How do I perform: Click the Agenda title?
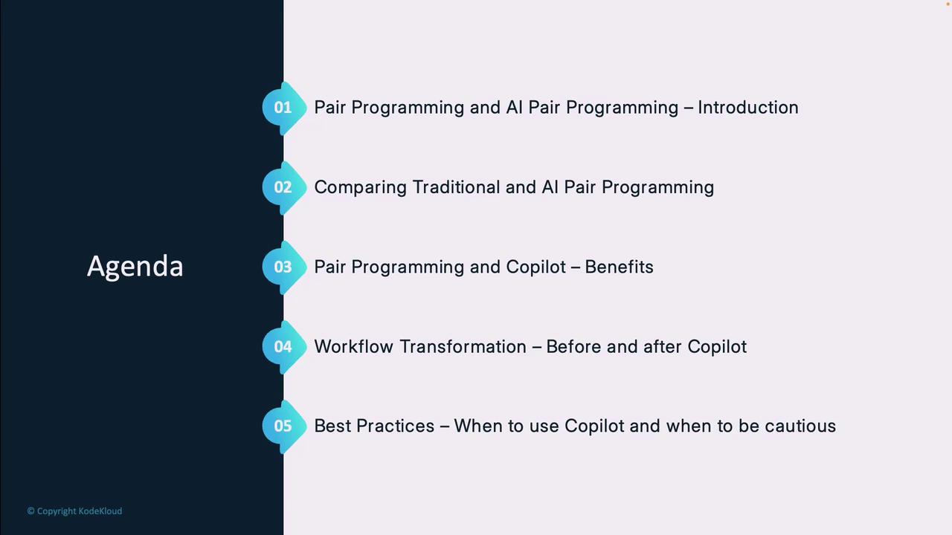[135, 267]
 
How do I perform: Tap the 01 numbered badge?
[284, 108]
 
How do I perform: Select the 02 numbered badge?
[284, 187]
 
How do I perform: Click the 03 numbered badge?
[284, 267]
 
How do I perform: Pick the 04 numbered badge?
[284, 346]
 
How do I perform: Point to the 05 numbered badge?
[284, 426]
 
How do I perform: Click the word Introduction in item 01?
[748, 108]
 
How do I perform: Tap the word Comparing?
[361, 188]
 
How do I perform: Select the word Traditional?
[456, 187]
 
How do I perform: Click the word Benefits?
[620, 267]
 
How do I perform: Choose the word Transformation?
[463, 346]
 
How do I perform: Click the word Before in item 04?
[573, 346]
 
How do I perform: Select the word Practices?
[395, 426]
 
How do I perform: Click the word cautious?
[800, 427]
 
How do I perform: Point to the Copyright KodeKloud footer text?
[75, 511]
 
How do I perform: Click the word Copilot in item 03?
[536, 267]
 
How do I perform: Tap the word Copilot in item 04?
[717, 347]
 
